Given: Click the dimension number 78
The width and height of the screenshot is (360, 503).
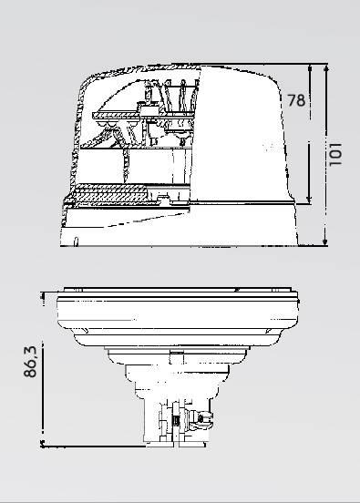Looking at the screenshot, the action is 296,100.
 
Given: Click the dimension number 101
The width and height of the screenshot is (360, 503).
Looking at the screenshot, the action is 335,155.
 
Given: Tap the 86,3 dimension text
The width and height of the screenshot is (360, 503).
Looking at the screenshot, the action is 30,362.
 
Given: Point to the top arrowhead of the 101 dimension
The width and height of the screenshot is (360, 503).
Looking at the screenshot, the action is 326,68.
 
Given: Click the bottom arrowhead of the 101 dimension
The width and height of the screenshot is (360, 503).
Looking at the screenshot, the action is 325,241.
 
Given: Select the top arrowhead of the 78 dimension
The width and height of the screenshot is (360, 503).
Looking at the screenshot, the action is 310,68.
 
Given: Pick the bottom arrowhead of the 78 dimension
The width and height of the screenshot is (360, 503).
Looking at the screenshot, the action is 309,200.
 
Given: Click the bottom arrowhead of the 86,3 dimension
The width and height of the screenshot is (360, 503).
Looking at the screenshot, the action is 42,444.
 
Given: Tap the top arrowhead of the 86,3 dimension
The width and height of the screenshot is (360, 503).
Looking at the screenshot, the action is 42,295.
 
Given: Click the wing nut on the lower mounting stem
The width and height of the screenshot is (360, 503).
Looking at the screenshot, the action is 201,420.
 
